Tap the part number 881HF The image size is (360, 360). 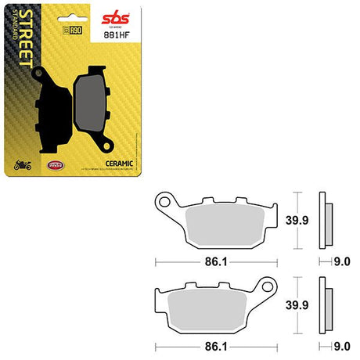pos(117,33)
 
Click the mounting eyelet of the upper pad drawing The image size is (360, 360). pos(164,202)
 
